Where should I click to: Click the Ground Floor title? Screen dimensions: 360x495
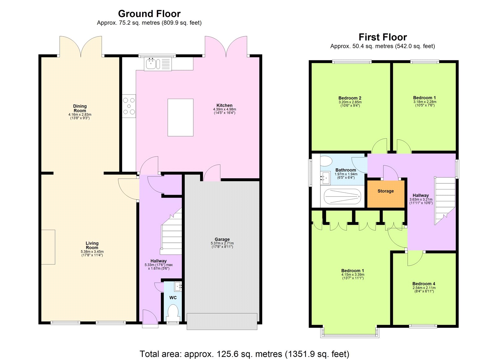tap(149, 14)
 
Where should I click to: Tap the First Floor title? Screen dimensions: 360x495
tap(382, 37)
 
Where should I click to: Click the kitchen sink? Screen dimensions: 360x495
tap(152, 64)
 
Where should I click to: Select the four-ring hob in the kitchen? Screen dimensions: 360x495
tap(129, 106)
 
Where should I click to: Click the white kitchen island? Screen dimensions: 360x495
tap(180, 117)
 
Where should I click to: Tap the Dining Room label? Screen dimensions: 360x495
tap(80, 108)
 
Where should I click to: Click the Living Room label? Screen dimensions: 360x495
tap(92, 245)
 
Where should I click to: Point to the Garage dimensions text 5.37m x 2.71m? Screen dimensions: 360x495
tap(222, 243)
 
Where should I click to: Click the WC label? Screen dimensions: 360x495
tap(173, 297)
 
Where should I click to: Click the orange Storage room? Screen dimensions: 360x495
tap(385, 194)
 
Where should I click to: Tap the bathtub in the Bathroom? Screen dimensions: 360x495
tap(342, 196)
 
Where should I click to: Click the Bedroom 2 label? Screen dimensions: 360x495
tap(350, 98)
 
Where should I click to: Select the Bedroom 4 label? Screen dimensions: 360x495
tap(424, 284)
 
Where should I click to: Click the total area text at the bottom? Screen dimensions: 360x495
tap(244, 354)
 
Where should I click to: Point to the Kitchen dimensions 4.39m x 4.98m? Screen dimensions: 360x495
tap(224, 109)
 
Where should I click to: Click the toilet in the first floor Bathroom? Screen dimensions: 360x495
tap(325, 161)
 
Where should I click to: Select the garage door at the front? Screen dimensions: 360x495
tap(222, 321)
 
